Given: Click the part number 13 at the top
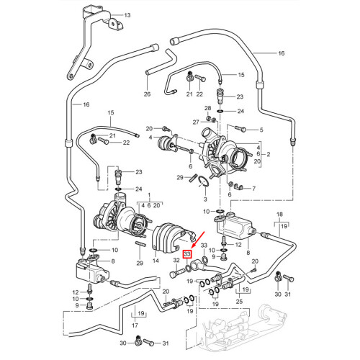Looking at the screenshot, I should (x=127, y=15).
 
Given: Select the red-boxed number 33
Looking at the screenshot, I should (x=188, y=254).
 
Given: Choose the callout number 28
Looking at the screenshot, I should (x=207, y=108).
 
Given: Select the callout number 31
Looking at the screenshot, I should (x=288, y=295).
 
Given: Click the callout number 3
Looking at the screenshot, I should (x=204, y=198).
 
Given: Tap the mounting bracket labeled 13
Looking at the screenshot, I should (x=86, y=43).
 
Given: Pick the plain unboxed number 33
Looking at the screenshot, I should (x=204, y=246).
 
